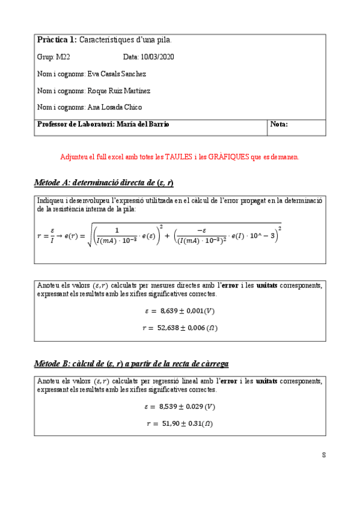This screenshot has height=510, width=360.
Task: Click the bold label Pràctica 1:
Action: coord(57,40)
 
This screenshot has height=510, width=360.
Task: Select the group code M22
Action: coord(63,57)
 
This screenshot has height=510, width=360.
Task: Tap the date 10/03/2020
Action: coord(157,57)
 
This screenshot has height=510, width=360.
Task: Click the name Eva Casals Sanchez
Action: coord(117,74)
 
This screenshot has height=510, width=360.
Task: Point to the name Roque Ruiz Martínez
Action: coord(119,91)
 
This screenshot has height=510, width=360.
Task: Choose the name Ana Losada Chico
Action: coord(115,107)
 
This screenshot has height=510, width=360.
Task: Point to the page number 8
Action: coord(324,455)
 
